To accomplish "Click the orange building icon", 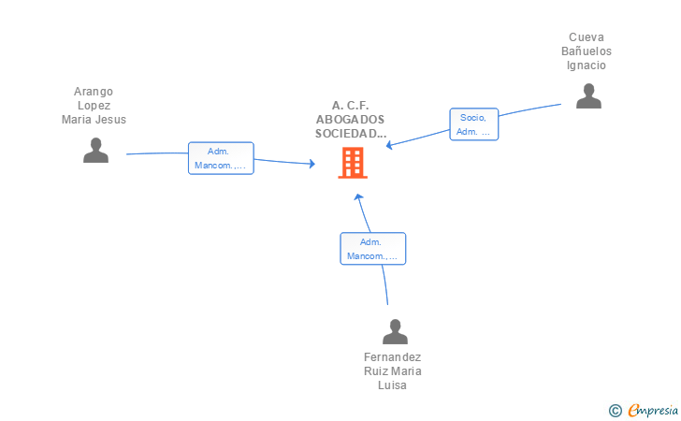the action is pyautogui.click(x=353, y=163).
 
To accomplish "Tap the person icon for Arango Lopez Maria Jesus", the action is pyautogui.click(x=95, y=151).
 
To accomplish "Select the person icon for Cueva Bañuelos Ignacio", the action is pyautogui.click(x=588, y=96).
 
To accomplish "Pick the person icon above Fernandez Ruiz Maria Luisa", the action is pyautogui.click(x=395, y=331).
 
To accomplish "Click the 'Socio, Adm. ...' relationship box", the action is pyautogui.click(x=474, y=124).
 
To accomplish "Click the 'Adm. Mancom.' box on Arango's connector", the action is pyautogui.click(x=221, y=158).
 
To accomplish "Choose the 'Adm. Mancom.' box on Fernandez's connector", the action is pyautogui.click(x=372, y=249).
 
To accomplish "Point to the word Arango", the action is pyautogui.click(x=94, y=92).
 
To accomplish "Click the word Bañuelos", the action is pyautogui.click(x=587, y=51).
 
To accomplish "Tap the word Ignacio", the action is pyautogui.click(x=587, y=65).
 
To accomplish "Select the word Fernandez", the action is pyautogui.click(x=392, y=357).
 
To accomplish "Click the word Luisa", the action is pyautogui.click(x=392, y=385).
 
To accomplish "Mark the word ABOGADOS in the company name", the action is pyautogui.click(x=350, y=120).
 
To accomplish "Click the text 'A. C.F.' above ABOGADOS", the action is pyautogui.click(x=350, y=106).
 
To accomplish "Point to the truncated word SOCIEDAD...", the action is pyautogui.click(x=351, y=134).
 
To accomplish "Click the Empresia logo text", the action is pyautogui.click(x=653, y=411).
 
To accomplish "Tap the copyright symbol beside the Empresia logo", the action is pyautogui.click(x=616, y=411).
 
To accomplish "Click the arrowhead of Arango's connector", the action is pyautogui.click(x=312, y=164).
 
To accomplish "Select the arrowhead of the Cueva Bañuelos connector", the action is pyautogui.click(x=389, y=146).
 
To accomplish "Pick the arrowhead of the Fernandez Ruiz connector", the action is pyautogui.click(x=358, y=197).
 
